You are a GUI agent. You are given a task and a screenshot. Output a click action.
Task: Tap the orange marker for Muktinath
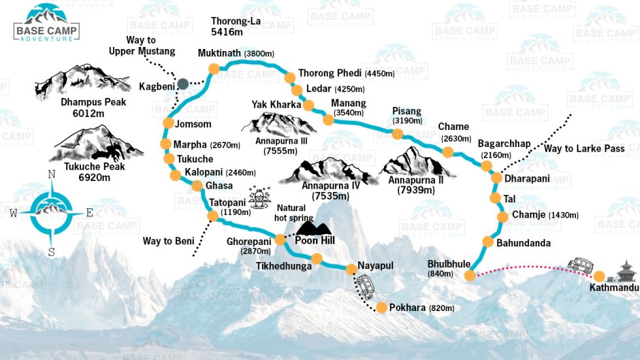click(213, 69)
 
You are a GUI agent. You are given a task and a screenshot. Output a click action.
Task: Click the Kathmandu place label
click(613, 287)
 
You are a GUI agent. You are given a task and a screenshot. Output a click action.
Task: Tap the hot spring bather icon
click(261, 197)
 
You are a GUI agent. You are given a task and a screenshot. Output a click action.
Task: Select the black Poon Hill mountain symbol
click(313, 227)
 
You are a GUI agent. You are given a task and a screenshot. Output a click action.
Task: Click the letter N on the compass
click(51, 174)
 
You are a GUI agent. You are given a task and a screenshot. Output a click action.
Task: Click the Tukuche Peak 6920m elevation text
click(91, 177)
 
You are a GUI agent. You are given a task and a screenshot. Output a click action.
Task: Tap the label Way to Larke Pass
click(584, 149)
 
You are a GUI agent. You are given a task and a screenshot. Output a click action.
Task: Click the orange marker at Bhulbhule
click(470, 276)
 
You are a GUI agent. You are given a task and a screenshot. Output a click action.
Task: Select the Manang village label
click(348, 103)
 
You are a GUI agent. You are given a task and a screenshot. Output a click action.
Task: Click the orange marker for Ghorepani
click(280, 240)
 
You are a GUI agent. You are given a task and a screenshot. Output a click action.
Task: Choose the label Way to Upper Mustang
click(151, 46)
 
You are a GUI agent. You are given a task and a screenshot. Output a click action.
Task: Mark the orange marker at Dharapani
click(495, 178)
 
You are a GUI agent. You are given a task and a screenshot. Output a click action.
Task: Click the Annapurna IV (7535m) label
click(328, 190)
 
